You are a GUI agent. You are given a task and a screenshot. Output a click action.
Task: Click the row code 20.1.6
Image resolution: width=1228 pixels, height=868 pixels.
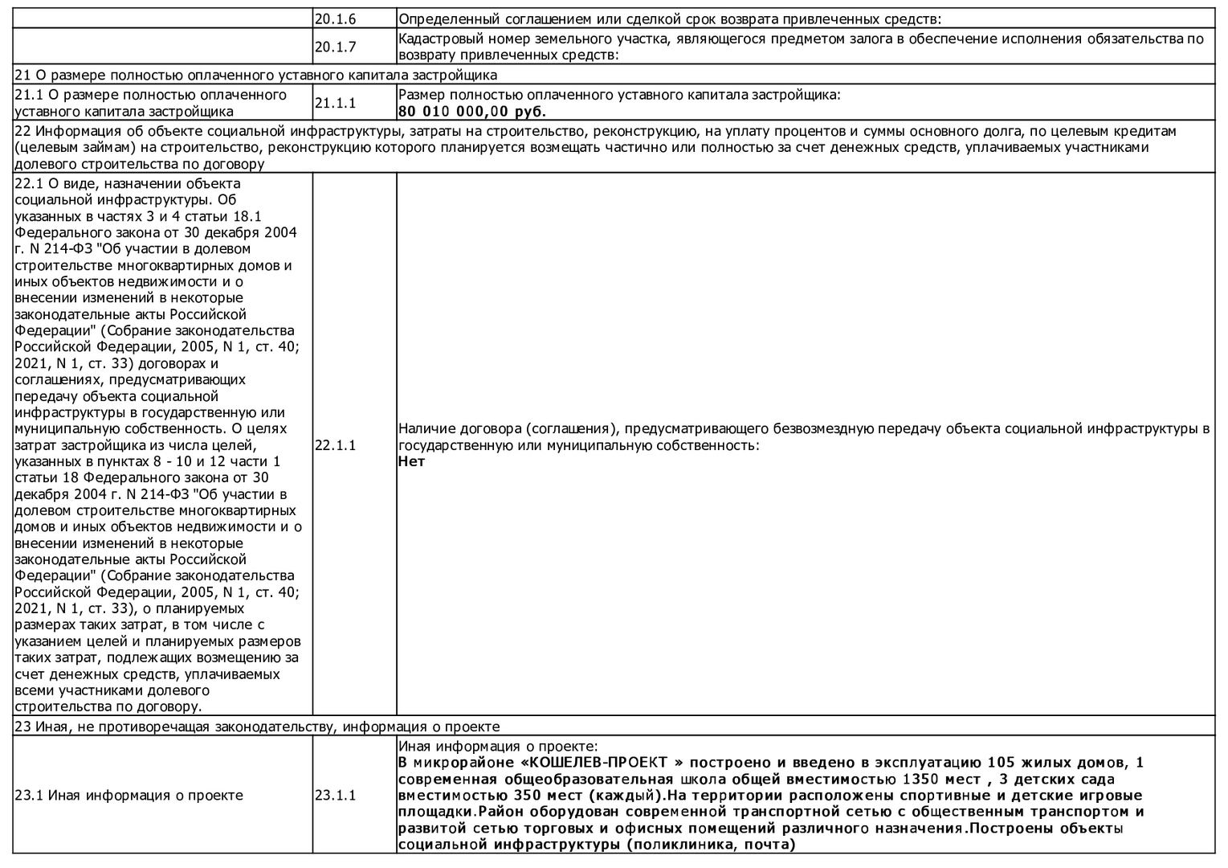point(335,18)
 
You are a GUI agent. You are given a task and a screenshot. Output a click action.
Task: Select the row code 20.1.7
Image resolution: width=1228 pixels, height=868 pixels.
point(335,47)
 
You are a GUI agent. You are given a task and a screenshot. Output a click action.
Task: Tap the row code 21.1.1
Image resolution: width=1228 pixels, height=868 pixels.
point(335,103)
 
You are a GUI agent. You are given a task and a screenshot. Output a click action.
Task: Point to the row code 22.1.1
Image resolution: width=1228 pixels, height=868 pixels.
point(335,445)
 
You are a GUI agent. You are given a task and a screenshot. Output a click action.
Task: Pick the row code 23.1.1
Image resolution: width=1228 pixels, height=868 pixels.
point(335,796)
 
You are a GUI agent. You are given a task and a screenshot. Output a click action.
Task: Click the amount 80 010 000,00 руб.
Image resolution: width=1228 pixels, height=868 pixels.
point(472,112)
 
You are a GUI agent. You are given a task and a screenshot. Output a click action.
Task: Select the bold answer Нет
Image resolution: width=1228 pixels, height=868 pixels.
point(411,462)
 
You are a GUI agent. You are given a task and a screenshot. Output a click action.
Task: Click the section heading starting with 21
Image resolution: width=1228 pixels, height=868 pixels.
point(255,75)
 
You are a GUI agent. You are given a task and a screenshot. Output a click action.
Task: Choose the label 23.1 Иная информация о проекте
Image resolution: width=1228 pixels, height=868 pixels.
point(129,796)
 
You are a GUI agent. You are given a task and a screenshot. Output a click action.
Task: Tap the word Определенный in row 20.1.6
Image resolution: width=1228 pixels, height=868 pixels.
point(442,18)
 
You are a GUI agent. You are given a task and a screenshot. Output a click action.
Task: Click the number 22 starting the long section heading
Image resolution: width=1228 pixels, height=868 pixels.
point(22,131)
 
